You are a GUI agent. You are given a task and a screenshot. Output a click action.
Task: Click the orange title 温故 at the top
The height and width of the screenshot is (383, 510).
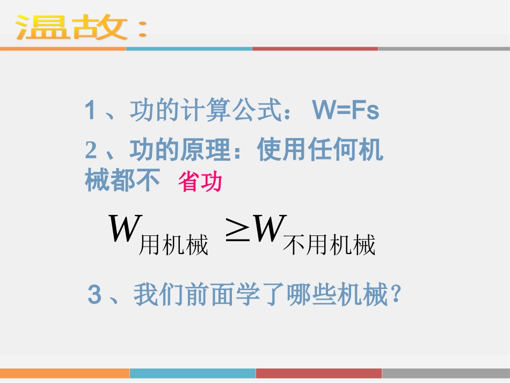pyautogui.click(x=72, y=27)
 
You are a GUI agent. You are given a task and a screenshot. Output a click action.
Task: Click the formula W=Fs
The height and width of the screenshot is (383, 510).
pyautogui.click(x=345, y=111)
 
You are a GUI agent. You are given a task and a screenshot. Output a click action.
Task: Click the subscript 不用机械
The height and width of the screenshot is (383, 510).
pyautogui.click(x=329, y=245)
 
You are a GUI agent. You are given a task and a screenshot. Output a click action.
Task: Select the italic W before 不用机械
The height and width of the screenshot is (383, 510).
pyautogui.click(x=267, y=230)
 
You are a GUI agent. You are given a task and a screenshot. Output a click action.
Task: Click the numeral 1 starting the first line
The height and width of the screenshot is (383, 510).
pyautogui.click(x=90, y=111)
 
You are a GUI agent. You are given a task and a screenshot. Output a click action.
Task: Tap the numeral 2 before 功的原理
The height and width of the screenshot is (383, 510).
pyautogui.click(x=91, y=151)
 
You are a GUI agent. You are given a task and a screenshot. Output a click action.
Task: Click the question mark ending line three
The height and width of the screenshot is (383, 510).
pyautogui.click(x=396, y=294)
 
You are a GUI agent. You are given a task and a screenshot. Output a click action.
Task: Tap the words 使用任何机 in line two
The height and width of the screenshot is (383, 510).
pyautogui.click(x=320, y=150)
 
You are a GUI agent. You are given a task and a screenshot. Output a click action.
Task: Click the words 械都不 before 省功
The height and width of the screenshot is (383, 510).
pyautogui.click(x=123, y=181)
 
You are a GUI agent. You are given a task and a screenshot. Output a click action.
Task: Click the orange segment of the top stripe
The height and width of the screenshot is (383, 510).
pyautogui.click(x=63, y=48)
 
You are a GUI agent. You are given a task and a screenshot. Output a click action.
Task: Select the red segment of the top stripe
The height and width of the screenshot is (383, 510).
pyautogui.click(x=315, y=48)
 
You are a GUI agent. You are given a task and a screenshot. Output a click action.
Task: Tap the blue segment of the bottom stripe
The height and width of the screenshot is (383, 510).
pyautogui.click(x=193, y=373)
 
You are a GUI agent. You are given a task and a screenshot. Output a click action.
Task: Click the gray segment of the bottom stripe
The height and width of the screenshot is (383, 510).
pyautogui.click(x=446, y=373)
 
